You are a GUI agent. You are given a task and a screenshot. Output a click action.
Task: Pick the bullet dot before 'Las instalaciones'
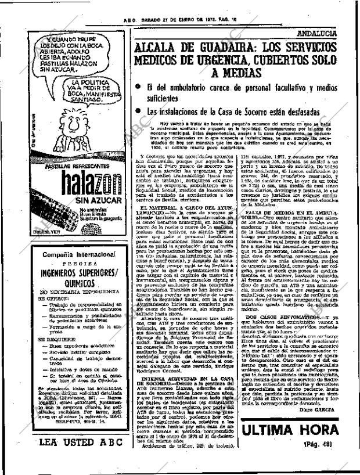tap(138, 110)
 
